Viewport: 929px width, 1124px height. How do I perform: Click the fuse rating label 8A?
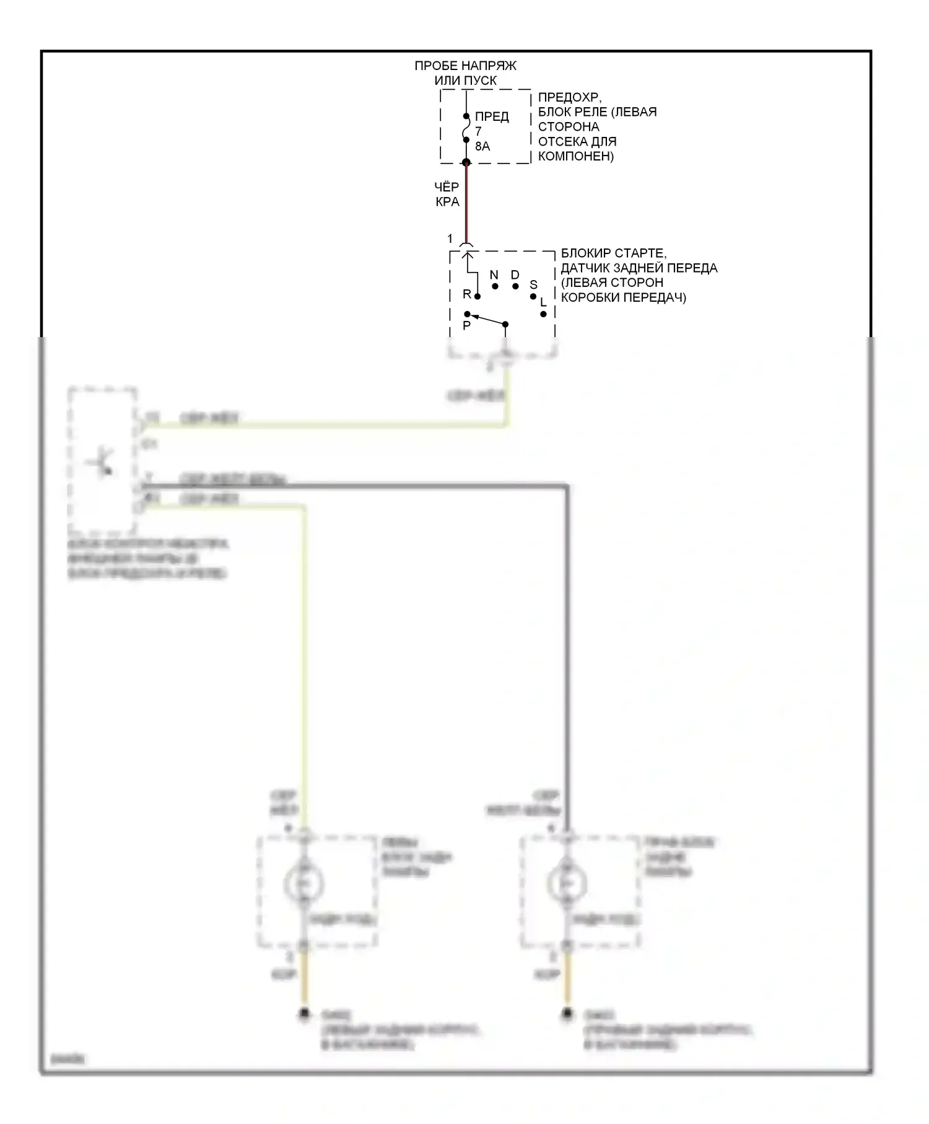point(482,146)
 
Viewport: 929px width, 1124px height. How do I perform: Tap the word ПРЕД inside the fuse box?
point(492,116)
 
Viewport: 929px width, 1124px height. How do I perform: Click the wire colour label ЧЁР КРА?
point(447,194)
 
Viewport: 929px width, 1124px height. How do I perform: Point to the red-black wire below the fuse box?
point(466,204)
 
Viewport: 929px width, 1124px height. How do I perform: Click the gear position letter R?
point(467,294)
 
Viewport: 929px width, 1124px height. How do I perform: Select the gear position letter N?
point(494,274)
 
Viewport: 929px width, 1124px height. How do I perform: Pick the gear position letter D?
point(515,274)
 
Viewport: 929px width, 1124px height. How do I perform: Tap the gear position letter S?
point(533,284)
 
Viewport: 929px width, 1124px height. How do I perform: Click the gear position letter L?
point(543,302)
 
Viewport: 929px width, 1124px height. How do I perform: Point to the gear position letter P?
point(466,325)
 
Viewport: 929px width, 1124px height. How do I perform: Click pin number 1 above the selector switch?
point(450,239)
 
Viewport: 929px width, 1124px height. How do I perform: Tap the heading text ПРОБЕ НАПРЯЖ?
point(465,66)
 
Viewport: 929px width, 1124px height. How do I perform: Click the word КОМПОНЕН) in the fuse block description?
point(575,156)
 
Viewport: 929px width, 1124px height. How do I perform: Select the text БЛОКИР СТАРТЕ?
point(613,253)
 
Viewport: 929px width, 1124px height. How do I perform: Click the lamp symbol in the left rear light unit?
point(303,883)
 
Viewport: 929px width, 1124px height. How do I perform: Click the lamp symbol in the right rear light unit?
point(567,883)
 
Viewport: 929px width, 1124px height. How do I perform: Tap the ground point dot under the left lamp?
point(304,1014)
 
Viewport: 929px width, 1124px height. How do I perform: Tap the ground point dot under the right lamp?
point(567,1014)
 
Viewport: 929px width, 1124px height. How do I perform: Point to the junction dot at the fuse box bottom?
point(466,162)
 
